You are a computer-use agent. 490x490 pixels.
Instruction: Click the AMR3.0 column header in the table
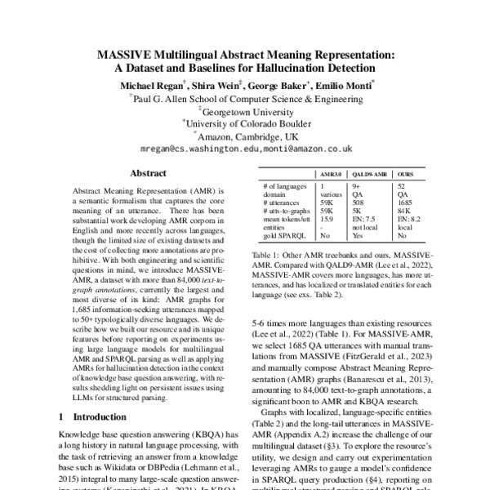(x=330, y=175)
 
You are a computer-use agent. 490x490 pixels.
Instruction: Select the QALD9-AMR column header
(x=370, y=175)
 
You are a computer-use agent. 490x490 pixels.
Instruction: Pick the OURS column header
(x=406, y=175)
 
